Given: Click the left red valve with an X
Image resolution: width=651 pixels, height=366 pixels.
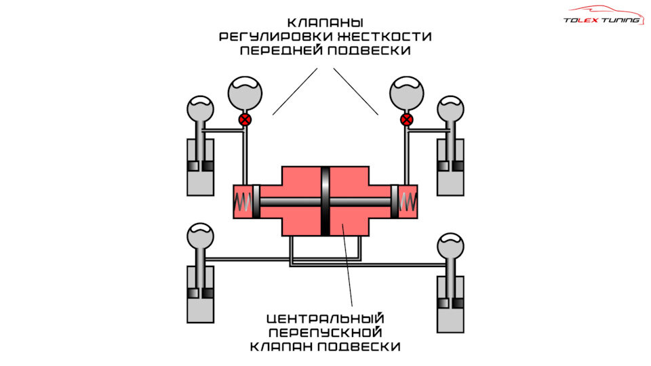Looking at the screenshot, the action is [x=245, y=120].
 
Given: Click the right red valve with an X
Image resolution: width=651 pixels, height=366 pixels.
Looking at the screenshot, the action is [x=406, y=120].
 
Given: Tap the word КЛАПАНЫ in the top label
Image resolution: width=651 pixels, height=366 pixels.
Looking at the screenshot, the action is [x=325, y=22].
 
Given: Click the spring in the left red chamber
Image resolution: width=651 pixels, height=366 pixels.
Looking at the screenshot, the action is [x=243, y=201].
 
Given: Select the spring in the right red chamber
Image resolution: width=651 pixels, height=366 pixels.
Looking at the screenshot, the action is [x=408, y=201].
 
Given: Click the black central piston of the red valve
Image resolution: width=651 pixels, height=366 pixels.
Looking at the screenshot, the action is [x=325, y=201].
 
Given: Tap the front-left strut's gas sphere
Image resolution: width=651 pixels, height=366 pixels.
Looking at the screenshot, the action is [x=200, y=108].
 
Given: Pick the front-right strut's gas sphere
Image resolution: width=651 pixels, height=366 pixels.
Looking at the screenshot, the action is [x=451, y=108].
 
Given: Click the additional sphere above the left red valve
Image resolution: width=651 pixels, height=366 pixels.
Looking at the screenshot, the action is [x=245, y=91].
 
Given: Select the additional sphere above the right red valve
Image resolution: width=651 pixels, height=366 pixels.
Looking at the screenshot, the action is [x=406, y=91].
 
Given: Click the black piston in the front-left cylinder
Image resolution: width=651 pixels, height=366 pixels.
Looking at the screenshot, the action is [x=200, y=166].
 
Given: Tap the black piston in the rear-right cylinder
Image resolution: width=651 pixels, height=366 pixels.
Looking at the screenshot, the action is [x=451, y=302].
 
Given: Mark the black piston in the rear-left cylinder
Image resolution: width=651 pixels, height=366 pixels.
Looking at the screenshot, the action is [x=200, y=293].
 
